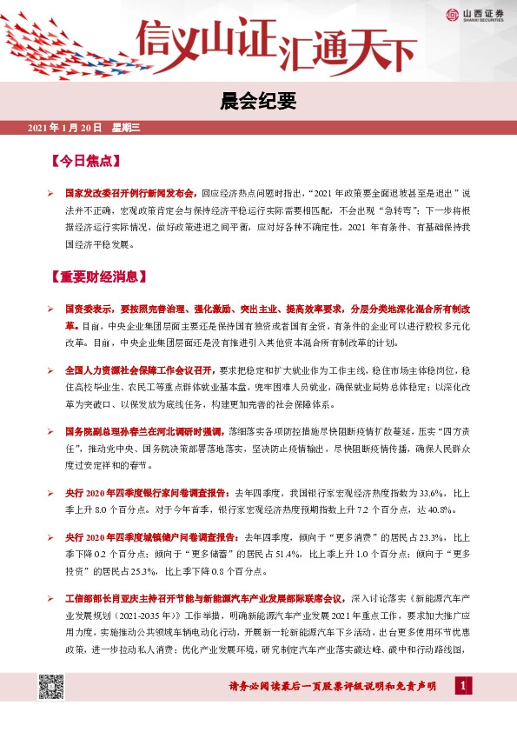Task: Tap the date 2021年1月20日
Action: click(65, 129)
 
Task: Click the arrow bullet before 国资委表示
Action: click(51, 309)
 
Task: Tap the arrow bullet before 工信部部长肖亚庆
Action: click(51, 599)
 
